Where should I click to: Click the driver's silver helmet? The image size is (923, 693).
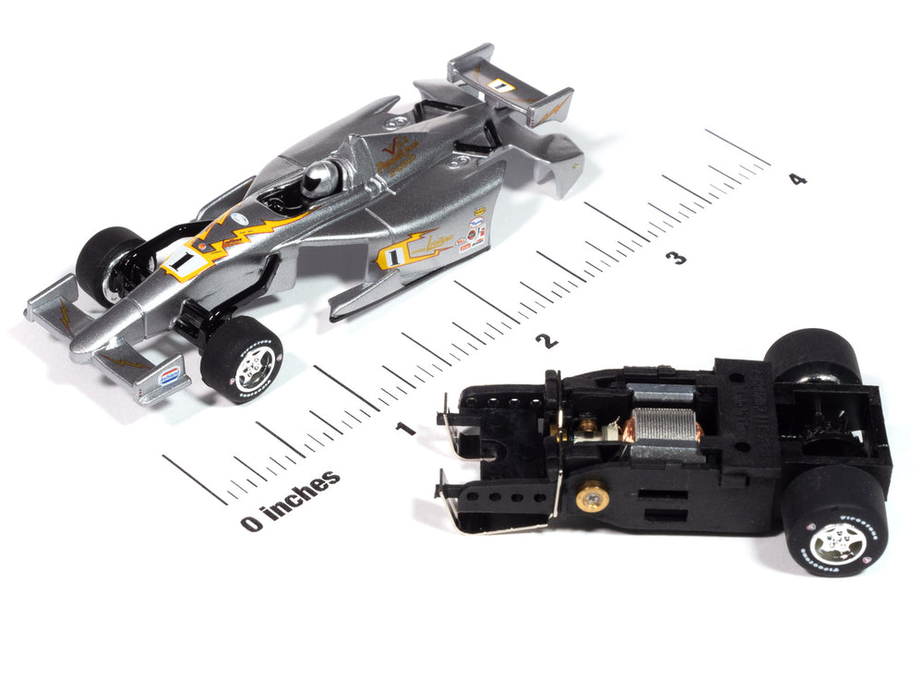tap(319, 177)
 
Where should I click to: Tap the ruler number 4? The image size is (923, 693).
tap(797, 178)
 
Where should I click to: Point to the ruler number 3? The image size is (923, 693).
tap(678, 258)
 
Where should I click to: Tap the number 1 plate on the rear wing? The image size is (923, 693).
tap(500, 85)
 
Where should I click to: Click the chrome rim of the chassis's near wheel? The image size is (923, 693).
tap(839, 541)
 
